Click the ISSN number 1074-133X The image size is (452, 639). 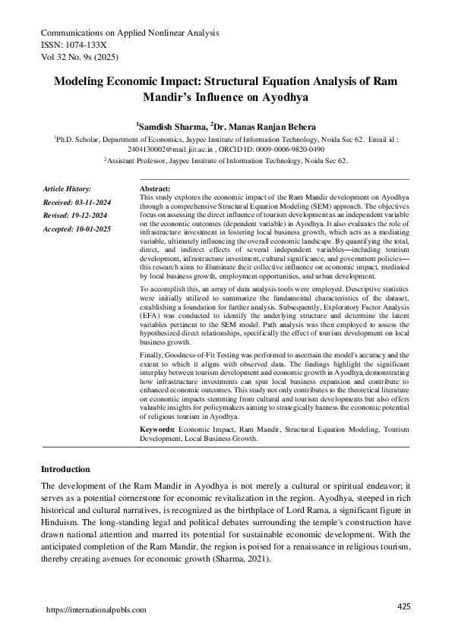coord(96,45)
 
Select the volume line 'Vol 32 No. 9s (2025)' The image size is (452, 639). coord(79,57)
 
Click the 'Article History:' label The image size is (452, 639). coord(67,188)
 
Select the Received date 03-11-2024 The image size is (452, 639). coord(88,202)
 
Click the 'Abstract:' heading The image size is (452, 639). coord(156,188)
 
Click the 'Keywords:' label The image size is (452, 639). coord(158,430)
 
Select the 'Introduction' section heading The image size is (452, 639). coord(65,469)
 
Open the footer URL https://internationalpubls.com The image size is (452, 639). coord(96,610)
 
